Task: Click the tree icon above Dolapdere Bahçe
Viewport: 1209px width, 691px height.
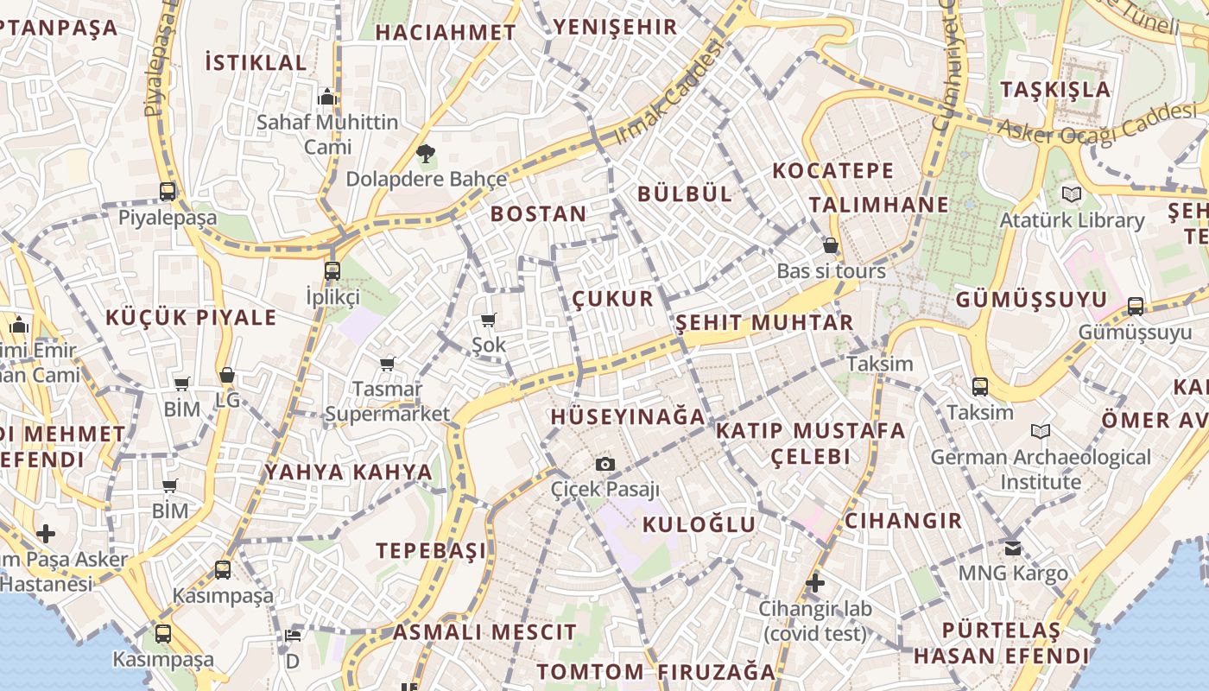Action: [425, 155]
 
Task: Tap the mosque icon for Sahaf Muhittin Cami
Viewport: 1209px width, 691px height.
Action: [326, 97]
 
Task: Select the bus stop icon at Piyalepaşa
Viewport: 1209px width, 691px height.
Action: [168, 192]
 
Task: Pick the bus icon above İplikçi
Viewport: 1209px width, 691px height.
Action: [332, 271]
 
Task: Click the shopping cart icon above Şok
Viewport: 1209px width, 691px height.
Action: [489, 320]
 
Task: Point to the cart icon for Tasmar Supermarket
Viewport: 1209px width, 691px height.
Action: [387, 364]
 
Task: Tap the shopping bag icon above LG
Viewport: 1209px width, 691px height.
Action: [227, 375]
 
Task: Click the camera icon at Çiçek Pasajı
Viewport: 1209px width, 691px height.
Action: [605, 465]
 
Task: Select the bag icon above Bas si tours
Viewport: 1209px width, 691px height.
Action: [830, 246]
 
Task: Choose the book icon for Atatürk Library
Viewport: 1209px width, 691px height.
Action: [1072, 194]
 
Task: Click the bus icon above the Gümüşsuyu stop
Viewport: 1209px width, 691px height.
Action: [1136, 307]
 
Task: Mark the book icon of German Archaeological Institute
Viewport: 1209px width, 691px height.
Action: [1041, 431]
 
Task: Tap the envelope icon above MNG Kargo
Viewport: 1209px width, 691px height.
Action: [1013, 548]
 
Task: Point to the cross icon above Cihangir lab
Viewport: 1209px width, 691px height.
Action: [814, 583]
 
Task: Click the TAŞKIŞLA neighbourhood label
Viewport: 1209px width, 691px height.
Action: [1055, 89]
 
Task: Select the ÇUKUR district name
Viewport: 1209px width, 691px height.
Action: [613, 299]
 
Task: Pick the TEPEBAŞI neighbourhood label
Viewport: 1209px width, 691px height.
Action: [431, 550]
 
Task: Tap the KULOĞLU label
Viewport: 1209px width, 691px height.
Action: [699, 524]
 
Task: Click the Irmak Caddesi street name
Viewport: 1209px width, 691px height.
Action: [668, 94]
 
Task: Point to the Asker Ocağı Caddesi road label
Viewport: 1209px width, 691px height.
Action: [1097, 123]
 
